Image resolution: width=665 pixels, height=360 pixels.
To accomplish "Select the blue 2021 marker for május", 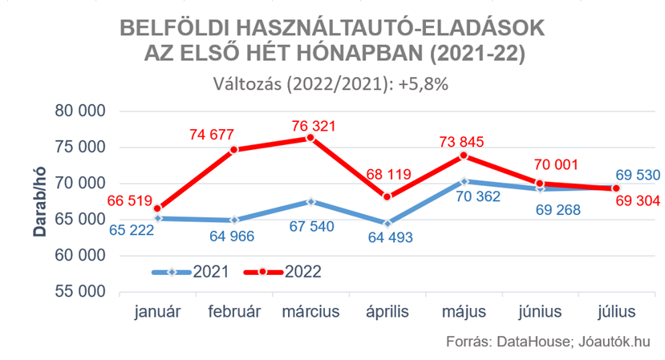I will [463, 181].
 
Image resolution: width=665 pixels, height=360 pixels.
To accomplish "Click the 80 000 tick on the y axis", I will [78, 111].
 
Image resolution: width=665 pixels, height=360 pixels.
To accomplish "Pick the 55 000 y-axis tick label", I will [78, 292].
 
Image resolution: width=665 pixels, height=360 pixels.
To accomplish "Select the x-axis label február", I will [233, 311].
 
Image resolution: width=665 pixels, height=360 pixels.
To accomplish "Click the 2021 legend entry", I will [193, 272].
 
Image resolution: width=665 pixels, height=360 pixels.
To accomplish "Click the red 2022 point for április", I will [387, 196].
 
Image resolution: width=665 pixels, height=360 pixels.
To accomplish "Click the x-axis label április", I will [387, 311].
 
